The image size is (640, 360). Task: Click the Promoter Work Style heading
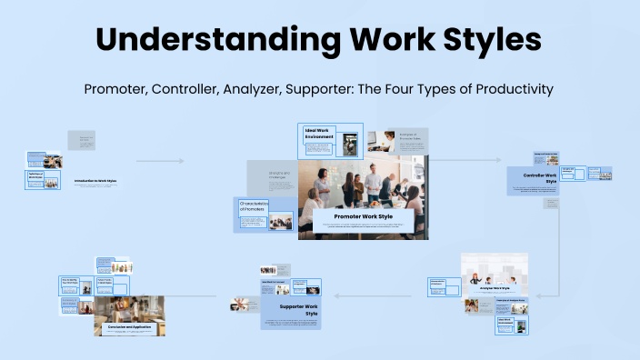pyautogui.click(x=362, y=217)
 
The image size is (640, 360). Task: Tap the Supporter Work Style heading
pyautogui.click(x=290, y=310)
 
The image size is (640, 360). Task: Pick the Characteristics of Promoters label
pyautogui.click(x=255, y=206)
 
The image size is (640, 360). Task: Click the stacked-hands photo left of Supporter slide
pyautogui.click(x=240, y=304)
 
